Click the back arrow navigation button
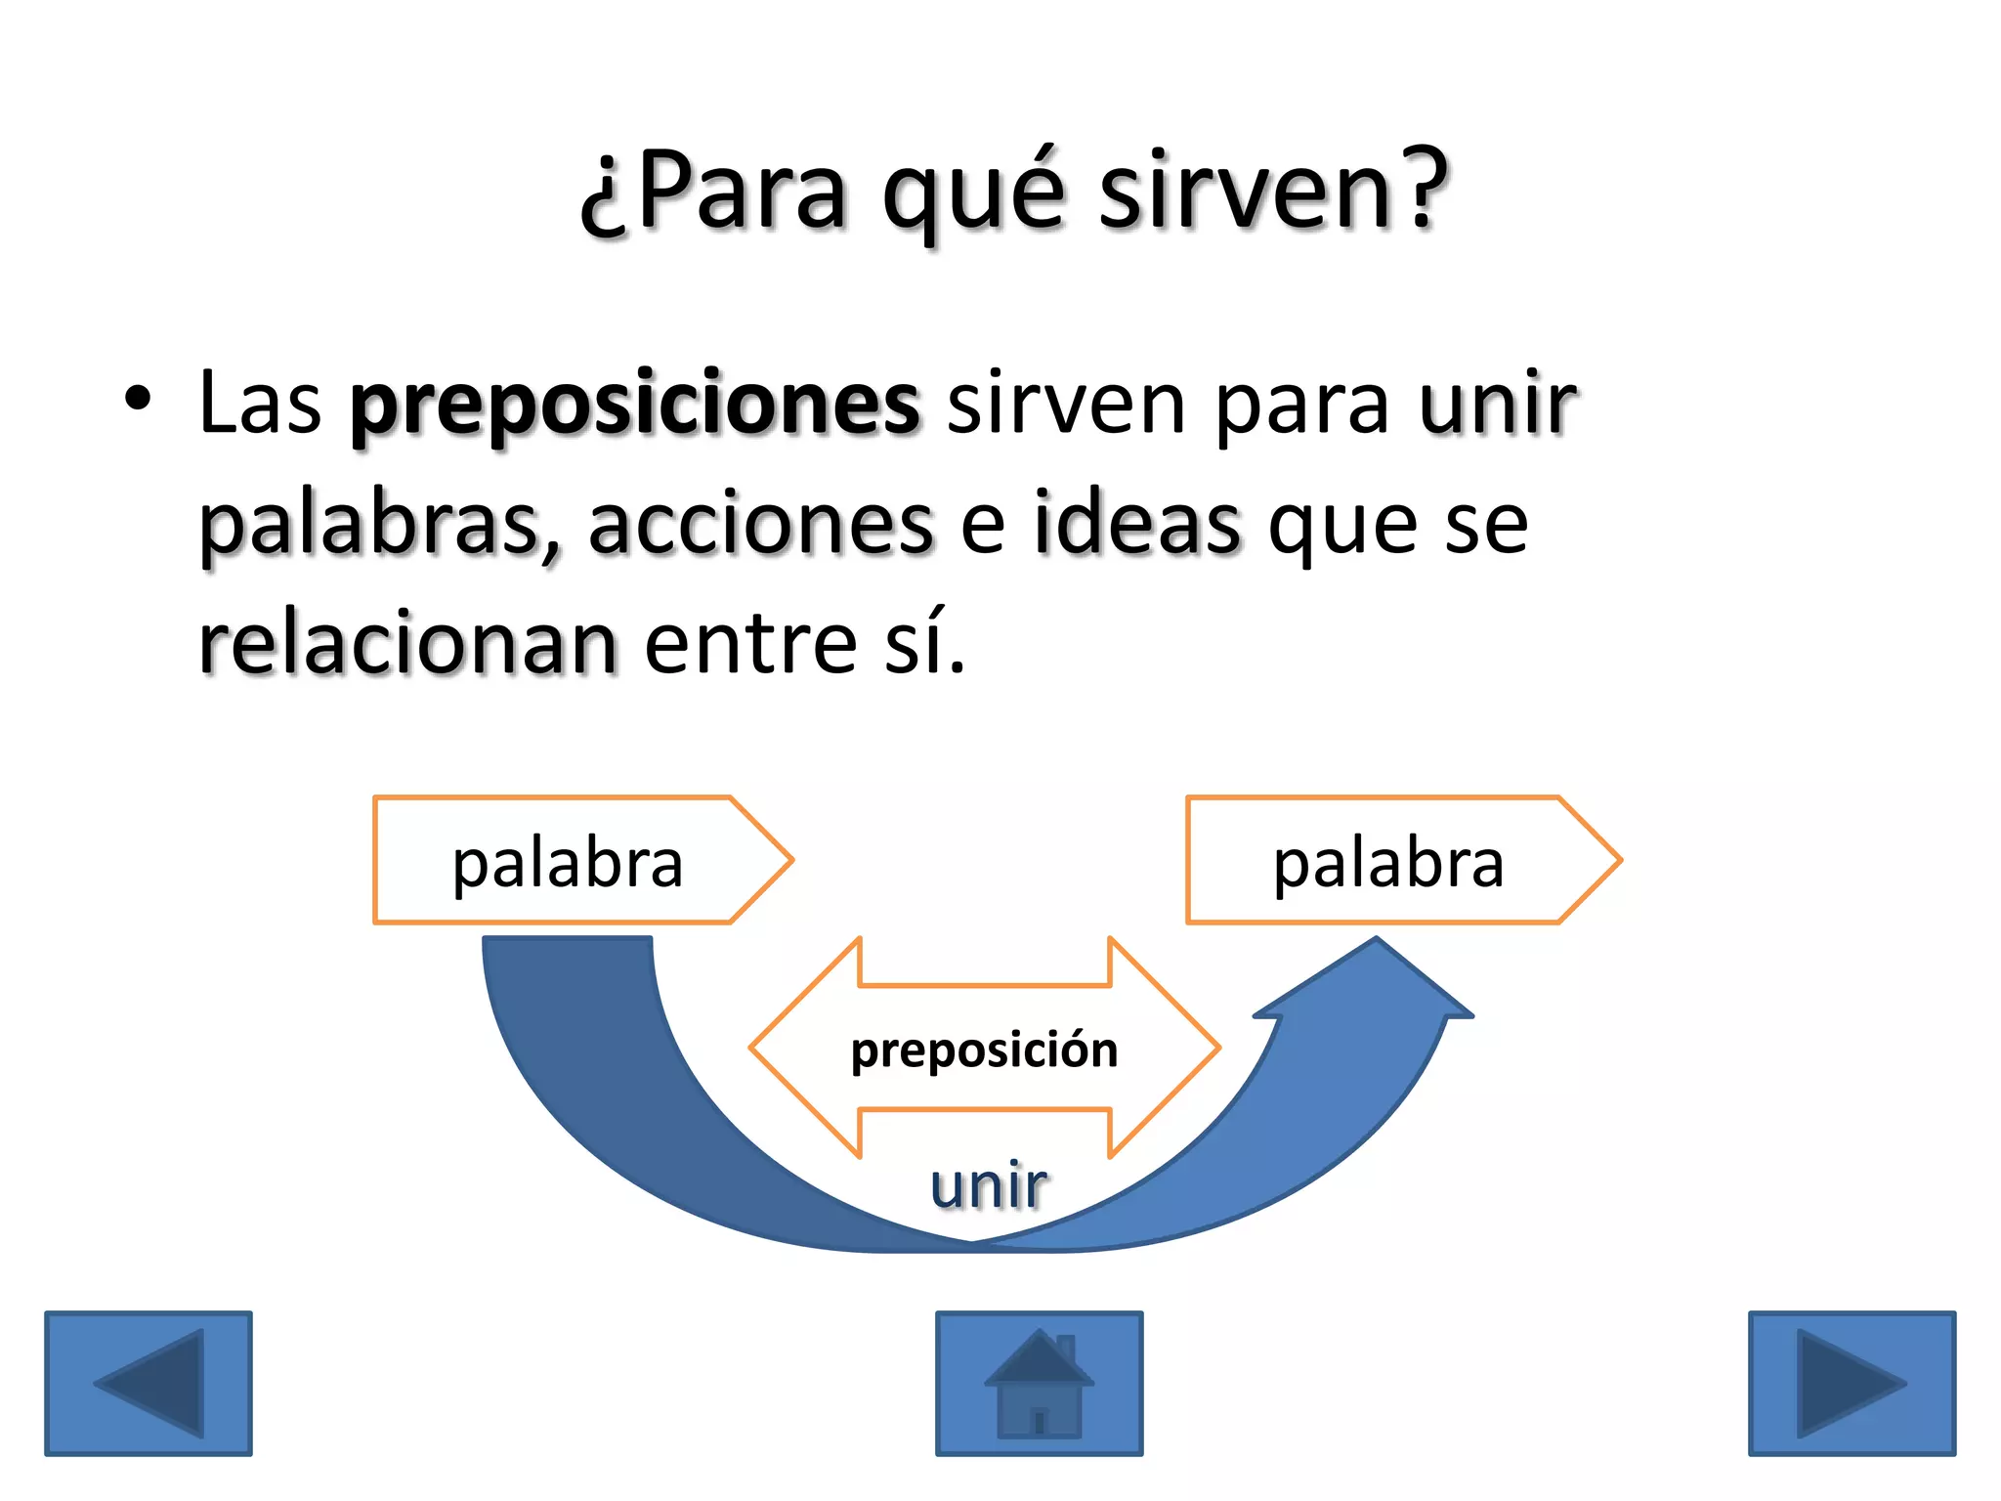pyautogui.click(x=149, y=1383)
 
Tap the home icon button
pyautogui.click(x=1039, y=1383)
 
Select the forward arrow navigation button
pyautogui.click(x=1852, y=1383)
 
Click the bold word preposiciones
pyautogui.click(x=635, y=405)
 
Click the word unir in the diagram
pyautogui.click(x=989, y=1184)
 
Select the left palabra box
pyautogui.click(x=569, y=861)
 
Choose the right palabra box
pyautogui.click(x=1388, y=861)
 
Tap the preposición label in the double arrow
pyautogui.click(x=984, y=1050)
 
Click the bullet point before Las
pyautogui.click(x=138, y=400)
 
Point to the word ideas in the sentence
pyautogui.click(x=1138, y=525)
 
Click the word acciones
pyautogui.click(x=761, y=525)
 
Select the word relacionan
pyautogui.click(x=407, y=644)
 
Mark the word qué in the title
pyautogui.click(x=972, y=193)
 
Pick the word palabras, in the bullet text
pyautogui.click(x=380, y=525)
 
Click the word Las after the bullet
pyautogui.click(x=260, y=403)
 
